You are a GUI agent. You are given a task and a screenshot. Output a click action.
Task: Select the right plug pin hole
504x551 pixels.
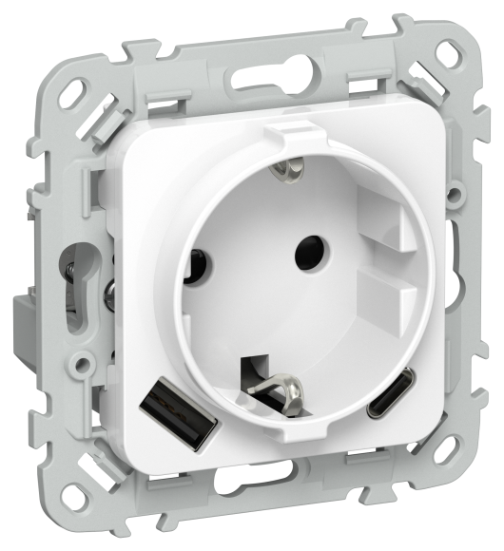(309, 252)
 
